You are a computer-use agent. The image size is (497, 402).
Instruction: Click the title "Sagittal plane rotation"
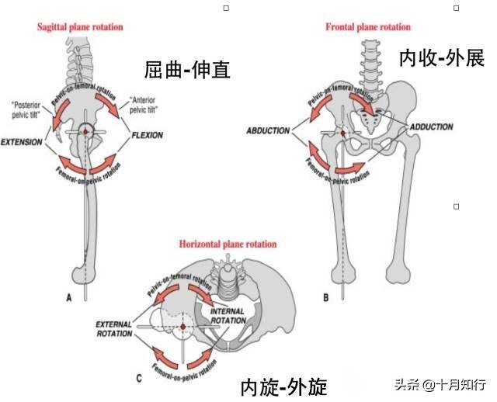coord(81,27)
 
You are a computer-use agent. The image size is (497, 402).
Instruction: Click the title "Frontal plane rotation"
coord(367,27)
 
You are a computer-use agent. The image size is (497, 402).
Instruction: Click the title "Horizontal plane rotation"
coord(228,244)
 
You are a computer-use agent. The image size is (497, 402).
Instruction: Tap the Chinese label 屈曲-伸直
coord(188,70)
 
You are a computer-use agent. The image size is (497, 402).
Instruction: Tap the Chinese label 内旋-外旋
coord(283,385)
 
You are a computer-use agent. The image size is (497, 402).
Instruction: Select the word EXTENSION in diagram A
coord(21,143)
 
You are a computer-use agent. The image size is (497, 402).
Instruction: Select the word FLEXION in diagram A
coord(147,134)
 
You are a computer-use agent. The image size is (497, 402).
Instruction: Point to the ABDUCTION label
coord(267,130)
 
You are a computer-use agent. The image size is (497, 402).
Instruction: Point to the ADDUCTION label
coord(431,126)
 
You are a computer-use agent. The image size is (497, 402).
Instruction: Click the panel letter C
coord(138,378)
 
